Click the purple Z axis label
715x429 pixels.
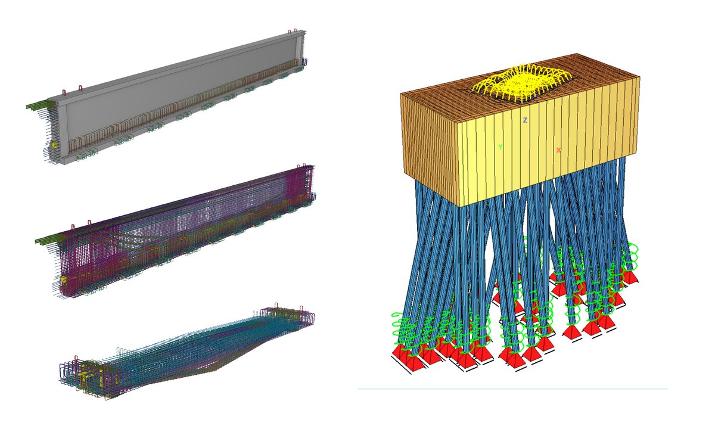tap(525, 120)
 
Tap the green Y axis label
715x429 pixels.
tap(500, 147)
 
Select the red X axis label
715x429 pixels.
tap(558, 150)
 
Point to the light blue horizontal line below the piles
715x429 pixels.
tap(512, 388)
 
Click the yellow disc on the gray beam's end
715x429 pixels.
tap(54, 145)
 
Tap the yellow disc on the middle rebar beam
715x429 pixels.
tap(63, 279)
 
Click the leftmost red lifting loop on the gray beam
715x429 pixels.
tap(64, 92)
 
